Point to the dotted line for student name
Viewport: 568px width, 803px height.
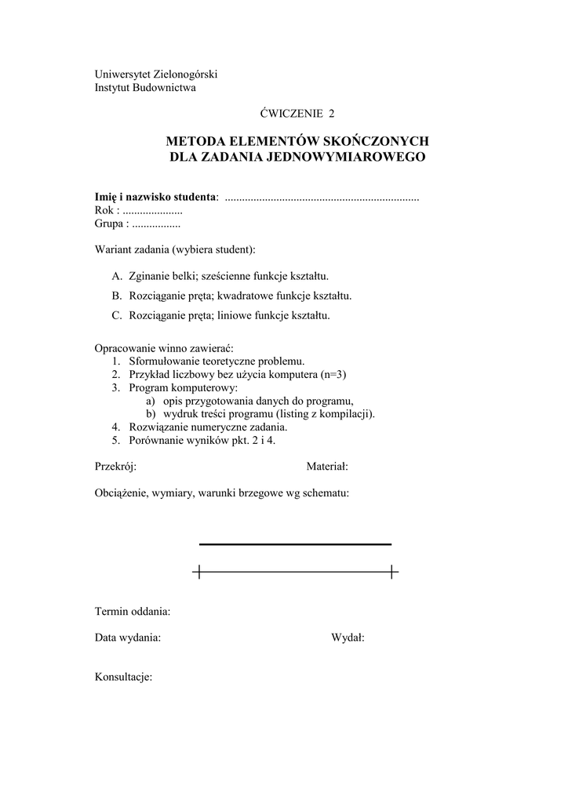pyautogui.click(x=322, y=197)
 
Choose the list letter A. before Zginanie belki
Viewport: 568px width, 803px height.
pyautogui.click(x=118, y=276)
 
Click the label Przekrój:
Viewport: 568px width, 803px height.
pyautogui.click(x=115, y=467)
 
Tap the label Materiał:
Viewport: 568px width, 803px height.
pyautogui.click(x=327, y=467)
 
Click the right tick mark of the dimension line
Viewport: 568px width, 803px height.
pyautogui.click(x=391, y=572)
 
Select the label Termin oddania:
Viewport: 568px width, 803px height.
pyautogui.click(x=133, y=611)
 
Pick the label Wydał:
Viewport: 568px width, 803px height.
pyautogui.click(x=348, y=638)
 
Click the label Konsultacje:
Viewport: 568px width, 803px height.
pyautogui.click(x=123, y=678)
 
